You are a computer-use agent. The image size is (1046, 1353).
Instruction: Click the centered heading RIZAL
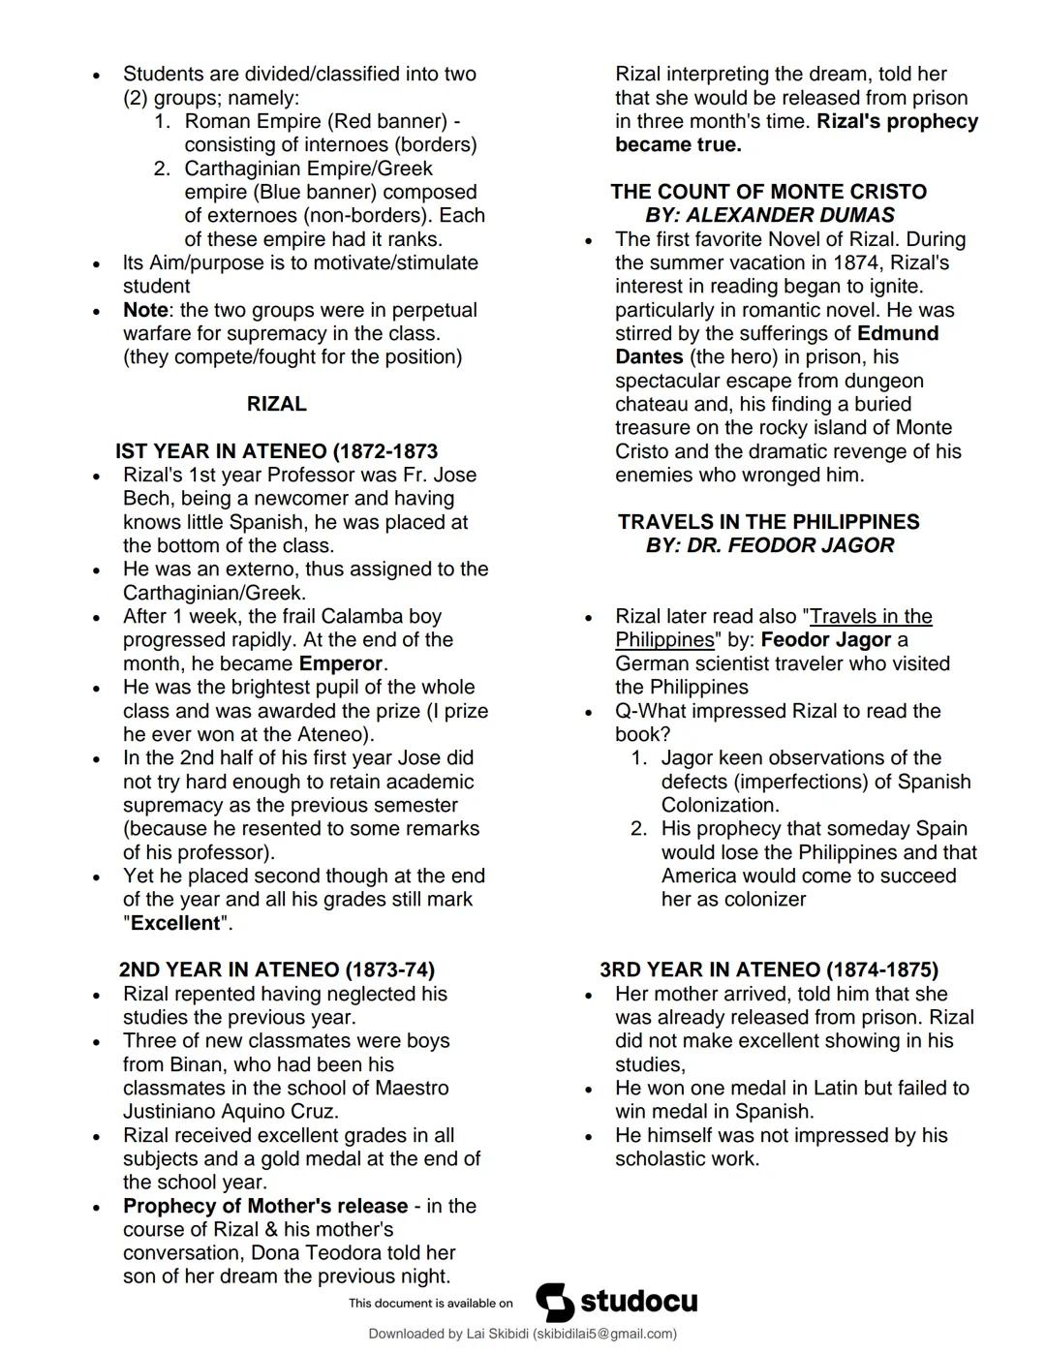[276, 404]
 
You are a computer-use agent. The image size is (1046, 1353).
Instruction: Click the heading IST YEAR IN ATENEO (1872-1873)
[276, 451]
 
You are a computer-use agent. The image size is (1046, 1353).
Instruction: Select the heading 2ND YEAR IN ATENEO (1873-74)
[276, 969]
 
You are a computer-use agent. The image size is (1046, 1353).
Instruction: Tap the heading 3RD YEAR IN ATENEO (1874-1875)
[768, 969]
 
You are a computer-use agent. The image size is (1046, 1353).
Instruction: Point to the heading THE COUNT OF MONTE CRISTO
[768, 192]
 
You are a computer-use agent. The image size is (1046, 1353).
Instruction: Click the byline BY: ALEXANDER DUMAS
[770, 215]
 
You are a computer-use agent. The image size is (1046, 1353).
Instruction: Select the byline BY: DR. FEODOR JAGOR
[770, 545]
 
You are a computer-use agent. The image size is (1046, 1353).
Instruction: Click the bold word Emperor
[341, 663]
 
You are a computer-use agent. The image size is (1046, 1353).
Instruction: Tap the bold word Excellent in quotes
[175, 923]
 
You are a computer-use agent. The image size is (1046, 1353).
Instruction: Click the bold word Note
[145, 310]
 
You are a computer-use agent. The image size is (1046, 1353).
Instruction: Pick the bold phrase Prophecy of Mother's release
[264, 1206]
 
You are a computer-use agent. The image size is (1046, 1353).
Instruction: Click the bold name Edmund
[898, 333]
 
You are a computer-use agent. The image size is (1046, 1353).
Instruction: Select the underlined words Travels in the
[871, 616]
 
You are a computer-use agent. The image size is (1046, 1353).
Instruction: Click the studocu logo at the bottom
[617, 1302]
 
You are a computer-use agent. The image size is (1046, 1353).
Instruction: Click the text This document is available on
[430, 1304]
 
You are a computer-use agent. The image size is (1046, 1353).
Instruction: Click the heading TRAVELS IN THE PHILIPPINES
[768, 522]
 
